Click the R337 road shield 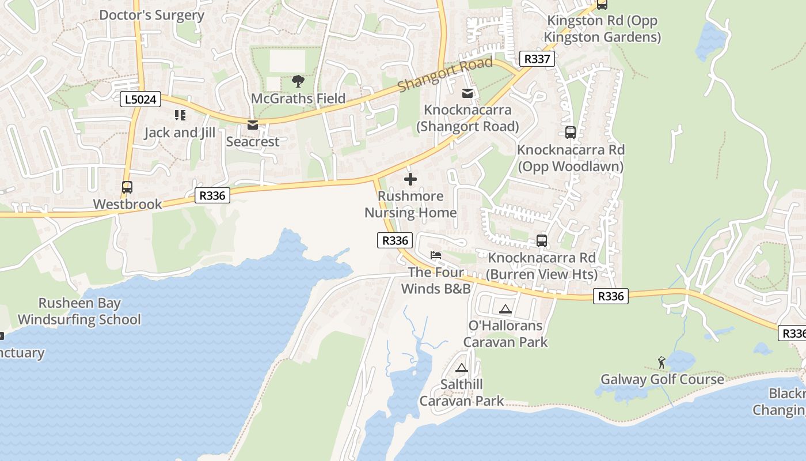[537, 58]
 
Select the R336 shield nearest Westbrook [212, 195]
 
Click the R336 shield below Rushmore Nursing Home [395, 240]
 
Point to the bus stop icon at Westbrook [127, 187]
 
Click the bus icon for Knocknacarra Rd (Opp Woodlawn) [570, 133]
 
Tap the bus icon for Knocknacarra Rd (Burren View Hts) [541, 241]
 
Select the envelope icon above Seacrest [252, 125]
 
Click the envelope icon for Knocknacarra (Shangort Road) [467, 93]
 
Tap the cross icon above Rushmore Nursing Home [410, 179]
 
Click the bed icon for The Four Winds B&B [436, 255]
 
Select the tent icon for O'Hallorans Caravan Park [505, 309]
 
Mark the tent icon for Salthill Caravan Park [461, 368]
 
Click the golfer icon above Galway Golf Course [661, 362]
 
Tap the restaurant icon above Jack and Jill [180, 115]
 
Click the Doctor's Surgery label [151, 15]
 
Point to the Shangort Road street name [445, 74]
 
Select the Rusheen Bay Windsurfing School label [79, 311]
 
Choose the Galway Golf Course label [662, 379]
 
